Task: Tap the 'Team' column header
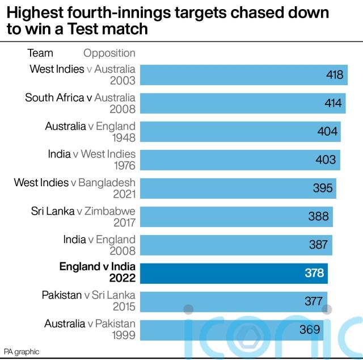point(40,53)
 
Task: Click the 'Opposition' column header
point(109,53)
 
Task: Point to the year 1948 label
point(123,137)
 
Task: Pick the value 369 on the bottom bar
point(310,329)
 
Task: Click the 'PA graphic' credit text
point(22,352)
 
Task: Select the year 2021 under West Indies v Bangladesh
point(123,194)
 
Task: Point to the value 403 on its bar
point(326,160)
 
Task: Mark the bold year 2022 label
point(123,278)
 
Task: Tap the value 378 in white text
point(314,273)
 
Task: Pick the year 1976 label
point(123,165)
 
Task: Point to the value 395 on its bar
point(323,188)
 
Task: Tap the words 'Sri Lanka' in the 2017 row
point(53,211)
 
